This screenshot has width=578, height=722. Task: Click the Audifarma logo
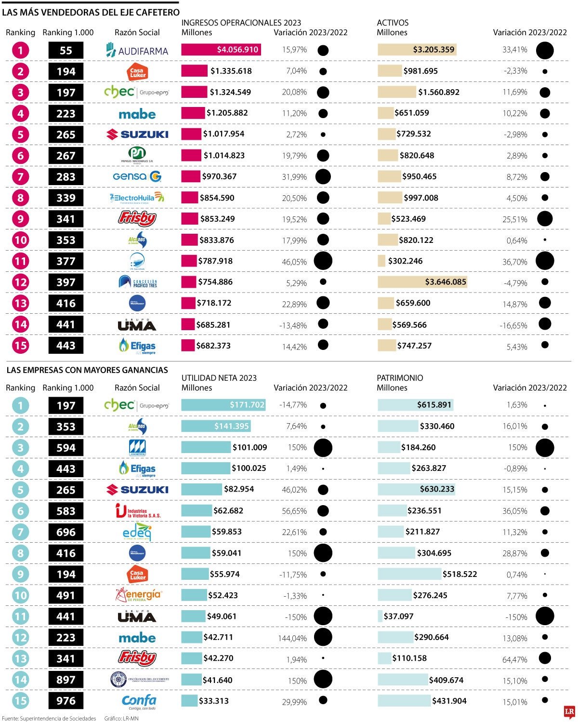137,50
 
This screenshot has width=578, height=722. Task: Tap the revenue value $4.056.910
237,50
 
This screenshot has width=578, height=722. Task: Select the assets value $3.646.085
446,282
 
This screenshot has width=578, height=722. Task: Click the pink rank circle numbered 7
20,177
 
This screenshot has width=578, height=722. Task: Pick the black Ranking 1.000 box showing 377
66,261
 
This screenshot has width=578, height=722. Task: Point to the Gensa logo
137,176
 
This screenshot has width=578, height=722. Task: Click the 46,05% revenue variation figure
294,262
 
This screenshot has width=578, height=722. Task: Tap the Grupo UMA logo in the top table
137,325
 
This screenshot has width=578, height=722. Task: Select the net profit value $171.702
247,405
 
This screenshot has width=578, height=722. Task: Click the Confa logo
139,701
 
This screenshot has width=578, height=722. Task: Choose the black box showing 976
66,701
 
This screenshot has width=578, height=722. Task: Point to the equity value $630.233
437,489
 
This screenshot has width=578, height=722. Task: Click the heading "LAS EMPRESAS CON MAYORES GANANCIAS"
87,370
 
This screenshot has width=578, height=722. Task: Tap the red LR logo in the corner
569,711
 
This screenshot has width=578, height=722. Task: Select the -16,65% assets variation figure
513,325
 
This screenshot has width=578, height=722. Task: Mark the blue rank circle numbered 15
20,701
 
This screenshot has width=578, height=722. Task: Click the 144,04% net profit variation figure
292,638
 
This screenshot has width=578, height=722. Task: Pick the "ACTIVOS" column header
393,23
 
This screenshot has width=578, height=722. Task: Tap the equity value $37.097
398,616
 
